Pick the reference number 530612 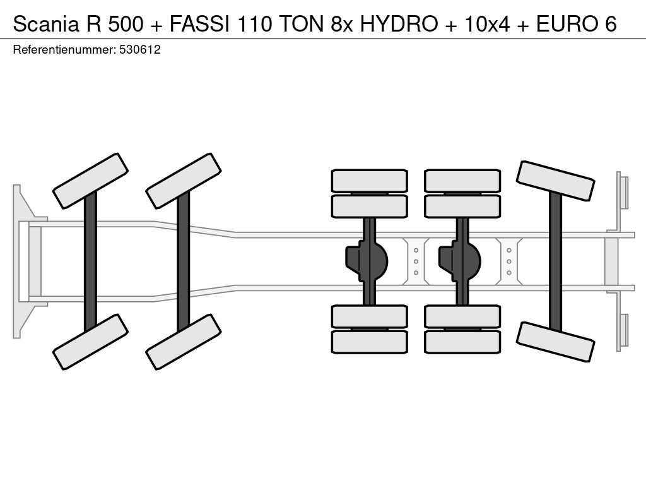coord(140,50)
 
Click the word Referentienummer coord(64,50)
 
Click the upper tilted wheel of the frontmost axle coord(91,181)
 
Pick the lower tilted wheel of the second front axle coord(183,341)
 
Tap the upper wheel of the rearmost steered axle coord(555,181)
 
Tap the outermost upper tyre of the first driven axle coord(369,180)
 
